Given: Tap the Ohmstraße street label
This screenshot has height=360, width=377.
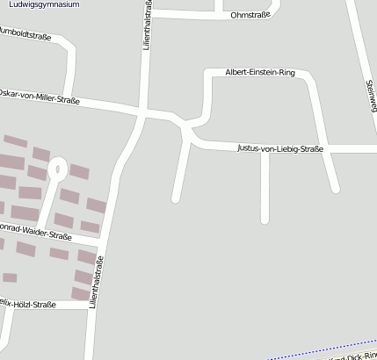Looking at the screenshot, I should (x=249, y=16).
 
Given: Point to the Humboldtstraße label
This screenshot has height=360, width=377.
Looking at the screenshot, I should (x=25, y=38).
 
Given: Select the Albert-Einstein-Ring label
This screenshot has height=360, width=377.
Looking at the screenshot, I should (x=260, y=73).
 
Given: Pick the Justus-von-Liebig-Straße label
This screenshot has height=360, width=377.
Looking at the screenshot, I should (x=280, y=148).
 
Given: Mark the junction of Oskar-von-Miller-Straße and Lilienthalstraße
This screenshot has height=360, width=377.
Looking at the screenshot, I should (x=141, y=113).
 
